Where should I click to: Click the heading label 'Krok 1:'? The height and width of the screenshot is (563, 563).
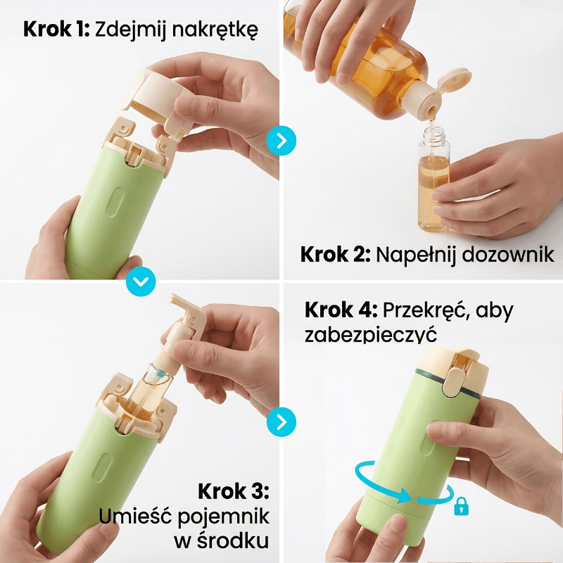[56, 29]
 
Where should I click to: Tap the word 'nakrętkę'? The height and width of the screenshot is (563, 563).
[215, 30]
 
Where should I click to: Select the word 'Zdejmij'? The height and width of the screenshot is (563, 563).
[131, 30]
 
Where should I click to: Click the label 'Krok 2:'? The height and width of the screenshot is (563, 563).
[336, 255]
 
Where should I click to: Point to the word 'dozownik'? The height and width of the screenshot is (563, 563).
[508, 255]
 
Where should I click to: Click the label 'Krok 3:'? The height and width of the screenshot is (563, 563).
[234, 491]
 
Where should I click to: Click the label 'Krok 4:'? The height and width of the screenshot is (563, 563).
[341, 310]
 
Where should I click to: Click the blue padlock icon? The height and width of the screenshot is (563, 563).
[462, 506]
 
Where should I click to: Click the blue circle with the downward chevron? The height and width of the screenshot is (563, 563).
[141, 281]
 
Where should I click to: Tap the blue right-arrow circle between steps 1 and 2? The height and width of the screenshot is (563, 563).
[281, 140]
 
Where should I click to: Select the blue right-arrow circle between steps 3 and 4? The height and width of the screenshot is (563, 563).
[281, 422]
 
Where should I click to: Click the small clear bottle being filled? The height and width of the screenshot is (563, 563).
[434, 179]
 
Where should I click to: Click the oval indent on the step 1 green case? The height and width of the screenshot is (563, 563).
[115, 203]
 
